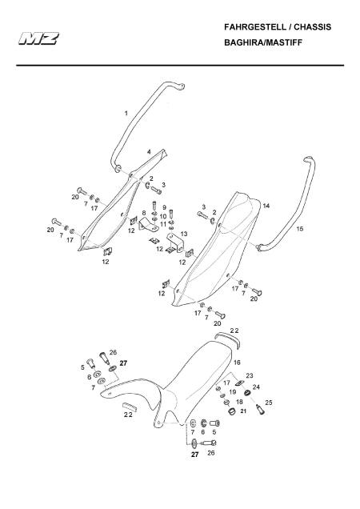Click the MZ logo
[x=38, y=38]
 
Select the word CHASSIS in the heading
[x=312, y=27]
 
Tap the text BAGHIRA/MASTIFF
[x=263, y=42]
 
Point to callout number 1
[x=126, y=114]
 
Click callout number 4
[x=149, y=151]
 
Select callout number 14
[x=266, y=206]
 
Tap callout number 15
[x=300, y=229]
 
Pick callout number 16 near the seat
[x=237, y=363]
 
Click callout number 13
[x=184, y=234]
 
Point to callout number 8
[x=144, y=213]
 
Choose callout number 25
[x=269, y=403]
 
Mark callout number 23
[x=250, y=376]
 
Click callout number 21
[x=243, y=411]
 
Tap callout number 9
[x=164, y=207]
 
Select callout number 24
[x=256, y=387]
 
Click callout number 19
[x=233, y=392]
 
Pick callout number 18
[x=239, y=402]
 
